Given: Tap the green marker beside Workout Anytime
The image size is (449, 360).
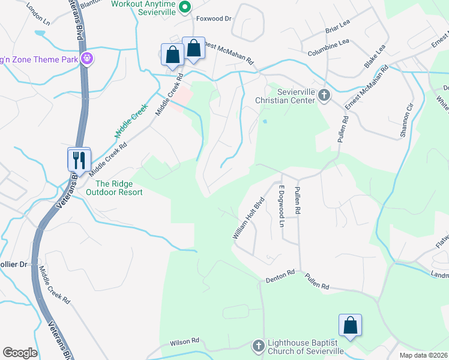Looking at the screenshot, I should [185, 7].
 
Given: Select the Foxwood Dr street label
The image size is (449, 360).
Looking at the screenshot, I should [214, 19].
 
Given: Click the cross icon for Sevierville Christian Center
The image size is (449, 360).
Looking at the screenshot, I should [324, 95].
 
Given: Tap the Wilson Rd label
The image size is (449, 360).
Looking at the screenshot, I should [184, 341].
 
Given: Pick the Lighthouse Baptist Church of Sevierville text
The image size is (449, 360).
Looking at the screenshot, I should [305, 346].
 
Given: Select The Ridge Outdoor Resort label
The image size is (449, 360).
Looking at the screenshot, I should [115, 188].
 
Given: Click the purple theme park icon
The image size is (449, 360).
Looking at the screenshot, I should [87, 59].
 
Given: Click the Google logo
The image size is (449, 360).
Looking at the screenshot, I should [20, 353].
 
